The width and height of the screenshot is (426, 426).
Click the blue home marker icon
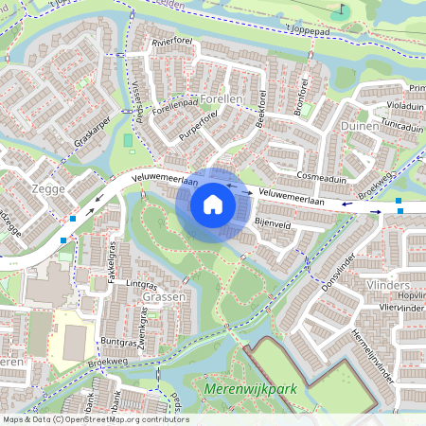click(x=213, y=204)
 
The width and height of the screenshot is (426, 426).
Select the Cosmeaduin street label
click(x=322, y=177)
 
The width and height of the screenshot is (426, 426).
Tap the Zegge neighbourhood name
click(x=47, y=188)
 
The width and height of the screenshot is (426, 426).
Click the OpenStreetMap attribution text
click(x=95, y=419)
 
